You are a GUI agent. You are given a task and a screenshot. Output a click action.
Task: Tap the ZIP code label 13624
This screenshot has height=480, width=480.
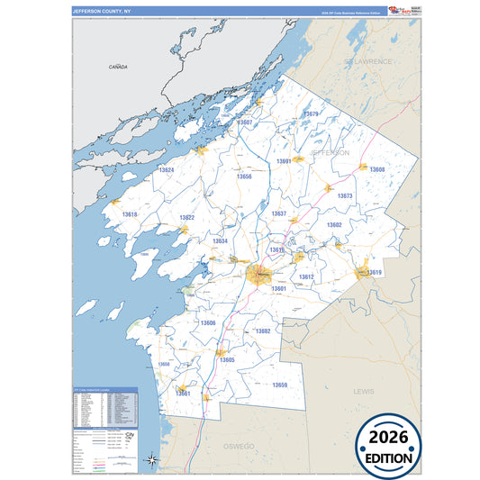pos(166,169)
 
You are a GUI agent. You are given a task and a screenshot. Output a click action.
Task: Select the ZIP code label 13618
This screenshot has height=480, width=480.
pos(130,214)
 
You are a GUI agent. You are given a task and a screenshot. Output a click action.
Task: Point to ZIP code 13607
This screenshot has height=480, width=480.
pos(244,122)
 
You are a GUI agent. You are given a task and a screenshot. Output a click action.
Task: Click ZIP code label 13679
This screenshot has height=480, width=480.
pos(312,114)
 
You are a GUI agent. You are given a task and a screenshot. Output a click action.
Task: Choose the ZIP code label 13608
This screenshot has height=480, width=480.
pos(377,169)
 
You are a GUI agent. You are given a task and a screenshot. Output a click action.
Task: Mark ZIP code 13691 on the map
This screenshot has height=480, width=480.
pos(284,160)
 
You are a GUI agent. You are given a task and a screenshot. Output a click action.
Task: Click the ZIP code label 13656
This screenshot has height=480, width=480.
pos(244,177)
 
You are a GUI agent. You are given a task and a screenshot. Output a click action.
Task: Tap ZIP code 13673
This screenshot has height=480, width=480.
pos(345,195)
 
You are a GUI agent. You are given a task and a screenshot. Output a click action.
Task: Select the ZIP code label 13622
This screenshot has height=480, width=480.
pos(186,217)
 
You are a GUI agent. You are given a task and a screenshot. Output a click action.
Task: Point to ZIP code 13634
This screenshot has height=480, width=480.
pos(220,240)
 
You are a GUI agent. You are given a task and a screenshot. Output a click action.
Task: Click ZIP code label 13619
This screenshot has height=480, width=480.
pos(375,272)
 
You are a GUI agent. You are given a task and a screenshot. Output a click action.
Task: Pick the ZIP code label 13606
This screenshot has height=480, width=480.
pos(208,322)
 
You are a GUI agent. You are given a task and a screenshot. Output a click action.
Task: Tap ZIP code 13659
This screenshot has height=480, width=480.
pos(280,385)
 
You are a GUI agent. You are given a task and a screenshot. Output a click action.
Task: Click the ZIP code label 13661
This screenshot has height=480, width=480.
pos(183,393)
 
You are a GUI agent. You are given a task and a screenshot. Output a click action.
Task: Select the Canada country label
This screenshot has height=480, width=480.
pos(118,68)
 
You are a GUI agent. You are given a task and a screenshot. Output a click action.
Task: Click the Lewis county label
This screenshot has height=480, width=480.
pos(363,392)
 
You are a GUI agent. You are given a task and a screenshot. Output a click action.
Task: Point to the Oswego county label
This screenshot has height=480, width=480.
pos(240,446)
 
